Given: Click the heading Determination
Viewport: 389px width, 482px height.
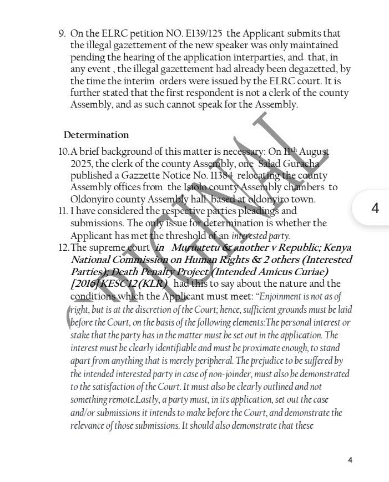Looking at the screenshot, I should coord(96,135).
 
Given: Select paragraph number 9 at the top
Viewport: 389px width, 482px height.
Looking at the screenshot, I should coord(62,34).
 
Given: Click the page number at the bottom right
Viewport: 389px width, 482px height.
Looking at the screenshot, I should coord(350,460).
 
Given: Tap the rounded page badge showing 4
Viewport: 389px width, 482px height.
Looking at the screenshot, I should coord(375,208).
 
